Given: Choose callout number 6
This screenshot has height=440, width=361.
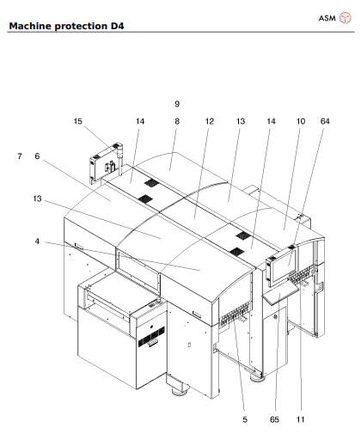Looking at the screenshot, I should coord(38,156).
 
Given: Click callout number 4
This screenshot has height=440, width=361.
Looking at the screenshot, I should coord(38,241).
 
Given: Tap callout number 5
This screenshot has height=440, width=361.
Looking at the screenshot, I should coord(244,420).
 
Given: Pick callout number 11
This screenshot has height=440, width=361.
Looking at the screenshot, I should coord(301,420).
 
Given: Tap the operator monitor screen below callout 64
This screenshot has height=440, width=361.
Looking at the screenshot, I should coord(280,268).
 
